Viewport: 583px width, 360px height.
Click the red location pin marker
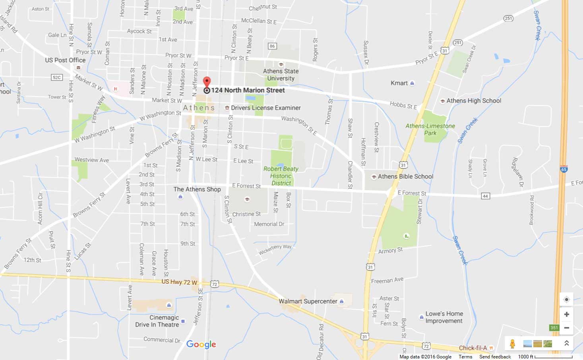pyautogui.click(x=207, y=82)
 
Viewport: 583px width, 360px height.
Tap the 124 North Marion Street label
pyautogui.click(x=248, y=90)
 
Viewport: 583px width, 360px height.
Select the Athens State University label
pyautogui.click(x=281, y=75)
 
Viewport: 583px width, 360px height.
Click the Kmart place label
pyautogui.click(x=399, y=83)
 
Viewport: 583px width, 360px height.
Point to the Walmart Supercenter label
pyautogui.click(x=308, y=301)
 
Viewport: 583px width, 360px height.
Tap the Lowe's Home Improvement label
pyautogui.click(x=444, y=317)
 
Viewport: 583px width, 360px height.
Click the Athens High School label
pyautogui.click(x=473, y=101)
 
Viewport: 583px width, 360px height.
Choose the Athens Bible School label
pyautogui.click(x=405, y=176)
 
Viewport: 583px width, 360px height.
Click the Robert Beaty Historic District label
pyautogui.click(x=281, y=176)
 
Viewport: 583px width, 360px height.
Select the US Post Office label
pyautogui.click(x=65, y=60)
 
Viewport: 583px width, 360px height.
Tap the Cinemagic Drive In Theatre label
pyautogui.click(x=157, y=321)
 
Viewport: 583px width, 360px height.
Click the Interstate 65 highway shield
pyautogui.click(x=564, y=169)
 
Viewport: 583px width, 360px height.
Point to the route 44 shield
pyautogui.click(x=485, y=196)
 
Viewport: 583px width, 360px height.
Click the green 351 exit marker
pyautogui.click(x=554, y=328)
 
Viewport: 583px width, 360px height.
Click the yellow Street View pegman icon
pyautogui.click(x=512, y=343)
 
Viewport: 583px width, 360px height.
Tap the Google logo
pyautogui.click(x=201, y=345)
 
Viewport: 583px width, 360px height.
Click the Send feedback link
pyautogui.click(x=495, y=356)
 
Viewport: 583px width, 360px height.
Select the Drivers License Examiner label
pyautogui.click(x=265, y=108)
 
